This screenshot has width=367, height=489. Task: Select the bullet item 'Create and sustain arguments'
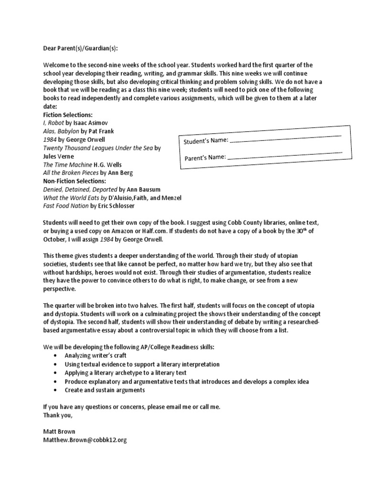(105, 390)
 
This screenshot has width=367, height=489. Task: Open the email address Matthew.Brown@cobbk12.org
(85, 440)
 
